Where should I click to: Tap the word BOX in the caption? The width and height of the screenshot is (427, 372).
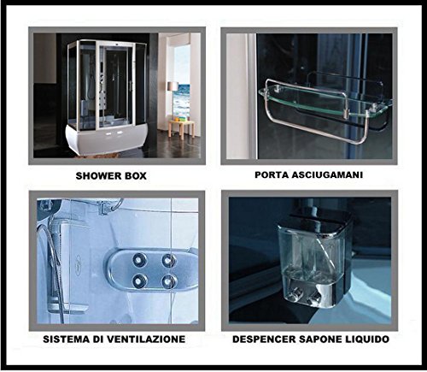136,176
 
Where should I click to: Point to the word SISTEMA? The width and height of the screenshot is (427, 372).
67,340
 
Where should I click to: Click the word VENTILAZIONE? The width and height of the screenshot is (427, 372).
146,340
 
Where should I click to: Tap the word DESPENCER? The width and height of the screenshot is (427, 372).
264,340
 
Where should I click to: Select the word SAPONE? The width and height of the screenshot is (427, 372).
319,340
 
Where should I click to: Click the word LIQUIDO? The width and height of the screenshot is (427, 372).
366,340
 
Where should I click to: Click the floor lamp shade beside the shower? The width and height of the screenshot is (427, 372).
173,86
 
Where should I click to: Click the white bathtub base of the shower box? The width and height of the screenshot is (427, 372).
107,139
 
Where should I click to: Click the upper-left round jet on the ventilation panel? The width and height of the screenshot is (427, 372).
139,260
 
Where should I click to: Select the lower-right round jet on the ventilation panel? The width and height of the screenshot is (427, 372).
169,280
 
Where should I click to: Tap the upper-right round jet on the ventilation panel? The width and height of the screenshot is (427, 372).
169,260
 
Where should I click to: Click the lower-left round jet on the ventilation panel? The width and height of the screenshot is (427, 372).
139,280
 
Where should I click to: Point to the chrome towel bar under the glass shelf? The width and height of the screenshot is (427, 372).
319,132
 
